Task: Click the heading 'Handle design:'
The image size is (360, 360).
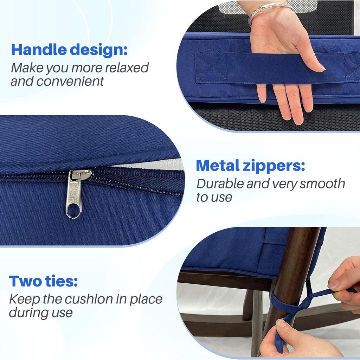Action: [69, 50]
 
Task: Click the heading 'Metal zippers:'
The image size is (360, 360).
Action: [250, 166]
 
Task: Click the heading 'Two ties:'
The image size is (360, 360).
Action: [43, 281]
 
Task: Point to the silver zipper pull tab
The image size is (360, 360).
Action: [74, 193]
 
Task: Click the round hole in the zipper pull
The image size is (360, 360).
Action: [73, 212]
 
